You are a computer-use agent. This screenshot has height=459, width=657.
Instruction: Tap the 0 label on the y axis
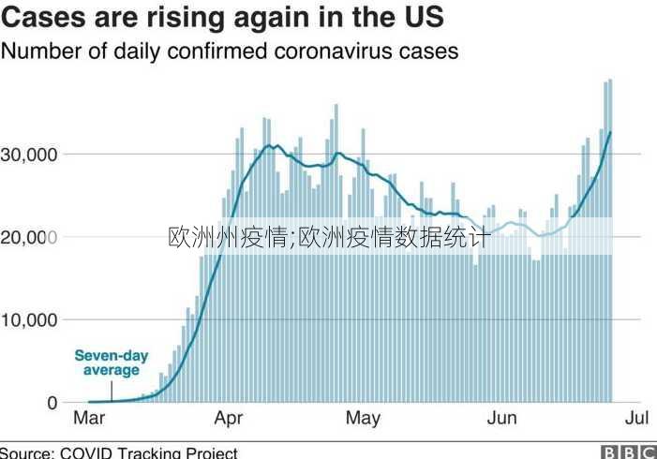52,403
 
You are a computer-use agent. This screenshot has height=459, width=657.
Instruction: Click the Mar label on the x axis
88,419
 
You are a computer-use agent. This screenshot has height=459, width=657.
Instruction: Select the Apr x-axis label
229,419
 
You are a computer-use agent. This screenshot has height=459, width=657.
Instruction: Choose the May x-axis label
363,419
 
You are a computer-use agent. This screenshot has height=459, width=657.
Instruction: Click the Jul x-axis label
636,419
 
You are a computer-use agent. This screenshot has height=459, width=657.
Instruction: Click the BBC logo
628,452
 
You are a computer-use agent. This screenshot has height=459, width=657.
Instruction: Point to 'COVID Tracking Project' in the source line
149,452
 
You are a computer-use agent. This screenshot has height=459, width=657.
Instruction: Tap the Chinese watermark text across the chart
329,237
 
